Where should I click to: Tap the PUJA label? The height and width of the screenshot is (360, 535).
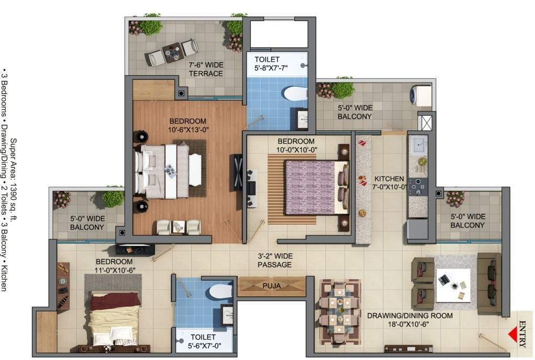(x=272, y=286)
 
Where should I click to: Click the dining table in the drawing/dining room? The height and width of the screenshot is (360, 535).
(x=340, y=311)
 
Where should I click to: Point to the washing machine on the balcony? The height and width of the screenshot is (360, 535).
(x=421, y=95)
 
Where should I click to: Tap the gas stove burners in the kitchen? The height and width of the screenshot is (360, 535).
(x=418, y=185)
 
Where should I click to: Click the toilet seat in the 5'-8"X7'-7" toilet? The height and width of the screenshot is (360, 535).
(x=295, y=94)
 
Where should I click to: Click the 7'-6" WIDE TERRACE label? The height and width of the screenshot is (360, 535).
(x=206, y=69)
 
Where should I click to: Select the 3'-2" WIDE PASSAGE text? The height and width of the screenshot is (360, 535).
(x=275, y=260)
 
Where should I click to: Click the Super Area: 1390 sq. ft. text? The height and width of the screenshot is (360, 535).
(x=14, y=180)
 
